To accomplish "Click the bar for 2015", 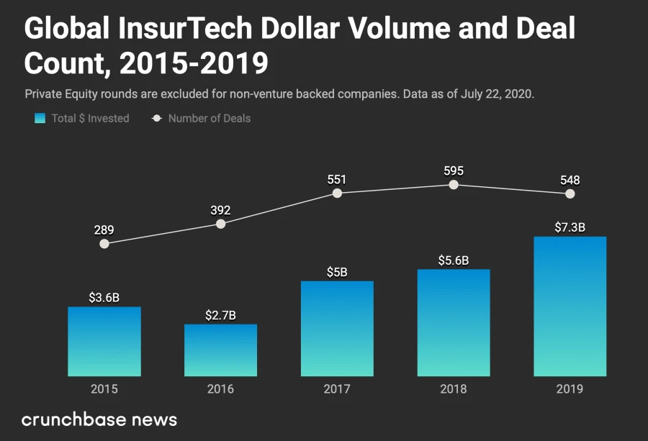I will point(104,341).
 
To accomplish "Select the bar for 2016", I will point(220,350).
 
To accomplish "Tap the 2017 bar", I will point(337,328).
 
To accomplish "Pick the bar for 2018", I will point(454,322).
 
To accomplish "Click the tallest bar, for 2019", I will point(570,306).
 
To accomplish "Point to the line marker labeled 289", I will point(104,244).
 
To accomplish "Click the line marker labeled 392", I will point(221,224).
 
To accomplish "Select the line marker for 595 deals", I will point(454,185).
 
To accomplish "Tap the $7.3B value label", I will point(570,227).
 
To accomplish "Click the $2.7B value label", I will point(220,315).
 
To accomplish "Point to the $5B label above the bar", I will point(337,272).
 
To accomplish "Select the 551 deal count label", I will point(337,178).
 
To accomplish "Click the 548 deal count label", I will point(570,180).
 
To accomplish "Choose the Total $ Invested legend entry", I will point(82,118).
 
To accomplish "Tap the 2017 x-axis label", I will point(337,389).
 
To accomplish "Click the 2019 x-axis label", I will point(570,389).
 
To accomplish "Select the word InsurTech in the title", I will point(186,29).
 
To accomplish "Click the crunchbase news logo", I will point(99,419).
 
